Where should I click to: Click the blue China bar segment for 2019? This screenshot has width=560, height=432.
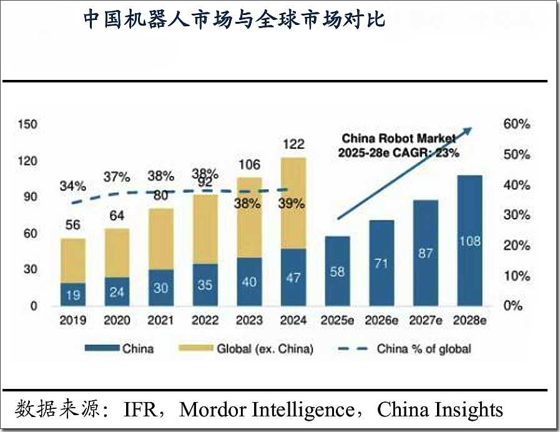(x=73, y=294)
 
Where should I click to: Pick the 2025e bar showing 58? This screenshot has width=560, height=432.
(x=338, y=272)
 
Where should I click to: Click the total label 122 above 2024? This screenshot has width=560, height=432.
(x=293, y=144)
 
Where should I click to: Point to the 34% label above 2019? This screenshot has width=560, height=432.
(x=73, y=186)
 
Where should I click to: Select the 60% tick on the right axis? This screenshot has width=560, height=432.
(x=516, y=124)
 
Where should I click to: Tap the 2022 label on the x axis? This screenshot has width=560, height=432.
(x=205, y=321)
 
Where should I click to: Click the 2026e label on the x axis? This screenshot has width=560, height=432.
(x=381, y=321)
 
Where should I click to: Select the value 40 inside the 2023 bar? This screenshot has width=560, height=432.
(x=250, y=282)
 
